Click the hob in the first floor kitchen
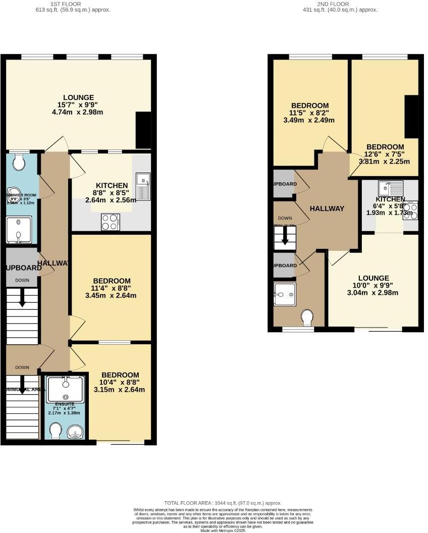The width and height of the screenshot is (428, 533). (x=111, y=222)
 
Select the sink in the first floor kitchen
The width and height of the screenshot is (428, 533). (x=143, y=185)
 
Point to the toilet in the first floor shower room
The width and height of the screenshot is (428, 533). (x=19, y=162)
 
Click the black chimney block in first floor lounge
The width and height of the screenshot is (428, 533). (x=143, y=130)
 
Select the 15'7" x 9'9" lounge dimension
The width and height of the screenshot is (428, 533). (x=78, y=105)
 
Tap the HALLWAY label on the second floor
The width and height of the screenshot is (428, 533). (x=327, y=208)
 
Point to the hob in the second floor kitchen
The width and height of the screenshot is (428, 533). (x=410, y=211)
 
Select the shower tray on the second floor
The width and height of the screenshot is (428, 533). (x=284, y=294)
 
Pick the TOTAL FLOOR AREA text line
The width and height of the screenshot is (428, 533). (x=223, y=503)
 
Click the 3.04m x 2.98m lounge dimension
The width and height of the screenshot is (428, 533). (x=373, y=293)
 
